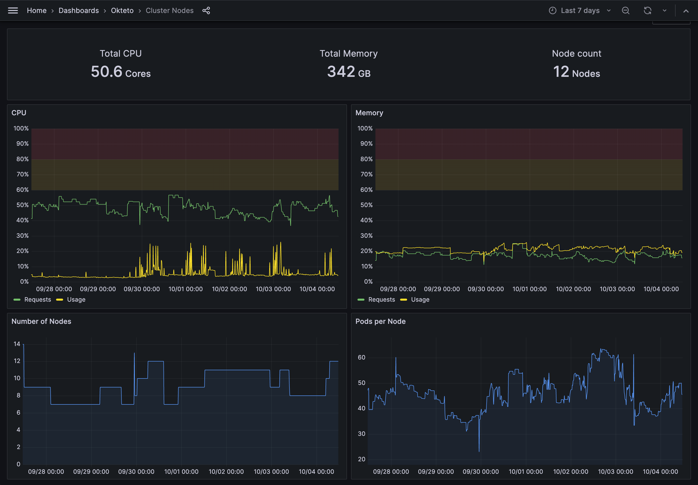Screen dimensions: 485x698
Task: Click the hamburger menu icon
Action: [13, 11]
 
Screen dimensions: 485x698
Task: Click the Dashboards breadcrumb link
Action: [79, 11]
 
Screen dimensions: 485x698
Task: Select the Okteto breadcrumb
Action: [122, 11]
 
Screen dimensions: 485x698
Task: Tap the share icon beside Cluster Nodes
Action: [206, 11]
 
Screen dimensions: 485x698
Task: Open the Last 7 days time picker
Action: [580, 11]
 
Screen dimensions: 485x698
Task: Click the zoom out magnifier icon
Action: [625, 11]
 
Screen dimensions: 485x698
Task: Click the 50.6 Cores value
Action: [121, 72]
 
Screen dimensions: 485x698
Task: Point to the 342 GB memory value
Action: [349, 72]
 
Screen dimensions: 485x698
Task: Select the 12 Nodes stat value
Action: [576, 72]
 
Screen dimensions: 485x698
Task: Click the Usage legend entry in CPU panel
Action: [76, 300]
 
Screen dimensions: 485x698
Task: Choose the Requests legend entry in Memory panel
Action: [381, 300]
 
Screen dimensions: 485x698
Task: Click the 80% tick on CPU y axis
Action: [22, 159]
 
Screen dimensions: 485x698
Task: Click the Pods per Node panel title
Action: [380, 322]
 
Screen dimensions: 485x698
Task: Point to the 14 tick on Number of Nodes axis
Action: [17, 344]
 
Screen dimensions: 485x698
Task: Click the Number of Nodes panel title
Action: [41, 322]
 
